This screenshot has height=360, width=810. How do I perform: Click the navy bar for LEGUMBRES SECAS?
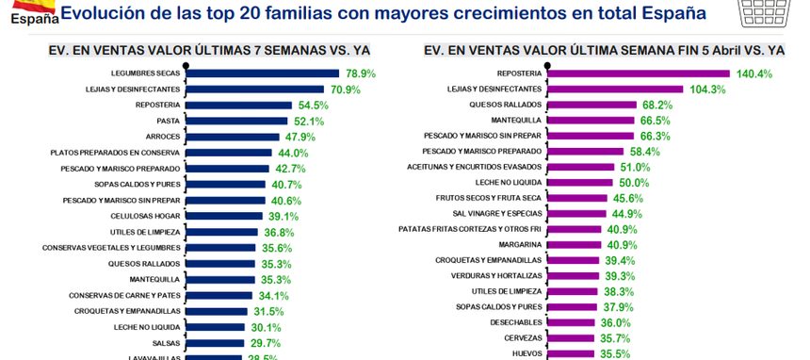coord(264,74)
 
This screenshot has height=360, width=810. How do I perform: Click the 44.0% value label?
coord(293,153)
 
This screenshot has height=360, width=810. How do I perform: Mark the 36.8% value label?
coord(280,232)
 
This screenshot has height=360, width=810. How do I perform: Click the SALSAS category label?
coord(167,343)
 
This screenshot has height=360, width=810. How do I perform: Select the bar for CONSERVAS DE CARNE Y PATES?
coord(219,295)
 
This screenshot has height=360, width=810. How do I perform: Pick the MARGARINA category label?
coord(521,244)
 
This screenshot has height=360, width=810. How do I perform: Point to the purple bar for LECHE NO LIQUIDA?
coord(580,182)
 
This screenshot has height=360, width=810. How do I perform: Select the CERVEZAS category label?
coord(522,337)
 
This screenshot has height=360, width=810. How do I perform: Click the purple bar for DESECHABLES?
coord(573,321)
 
